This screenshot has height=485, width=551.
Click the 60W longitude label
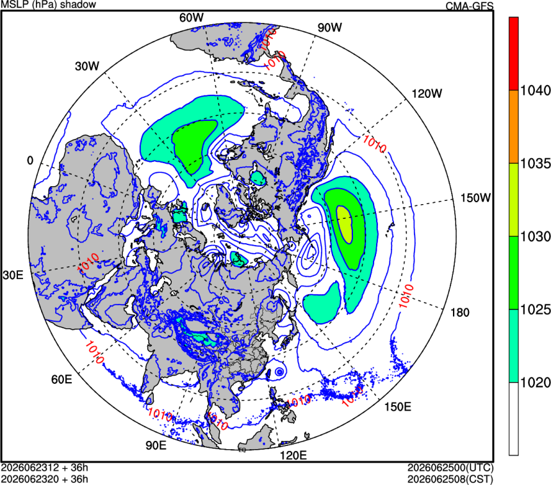pos(192,17)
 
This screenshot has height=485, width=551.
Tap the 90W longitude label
pos(329,28)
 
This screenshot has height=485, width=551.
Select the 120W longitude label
pos(427,93)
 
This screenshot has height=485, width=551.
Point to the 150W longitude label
pos(475,198)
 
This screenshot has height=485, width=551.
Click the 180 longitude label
pos(460,312)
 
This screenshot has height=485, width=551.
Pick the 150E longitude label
pos(397,407)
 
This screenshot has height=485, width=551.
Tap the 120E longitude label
pos(293,456)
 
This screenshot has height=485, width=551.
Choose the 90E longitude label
pos(156,445)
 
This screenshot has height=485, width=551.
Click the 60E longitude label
pos(62,379)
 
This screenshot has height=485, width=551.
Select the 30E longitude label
pos(13,275)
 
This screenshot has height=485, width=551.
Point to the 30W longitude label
pos(87,66)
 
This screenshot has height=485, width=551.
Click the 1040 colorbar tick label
pos(535,91)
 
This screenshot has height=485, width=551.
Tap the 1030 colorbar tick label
pos(535,237)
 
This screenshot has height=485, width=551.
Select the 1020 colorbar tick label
pos(535,383)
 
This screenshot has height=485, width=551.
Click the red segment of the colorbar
pos(514,54)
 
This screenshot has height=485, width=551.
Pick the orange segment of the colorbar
pos(514,127)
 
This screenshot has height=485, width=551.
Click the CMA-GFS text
pos(470,6)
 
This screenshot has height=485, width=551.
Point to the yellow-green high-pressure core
pos(345,224)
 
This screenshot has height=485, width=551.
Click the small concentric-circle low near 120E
pos(279,372)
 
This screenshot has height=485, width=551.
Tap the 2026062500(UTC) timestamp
pos(450,468)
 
